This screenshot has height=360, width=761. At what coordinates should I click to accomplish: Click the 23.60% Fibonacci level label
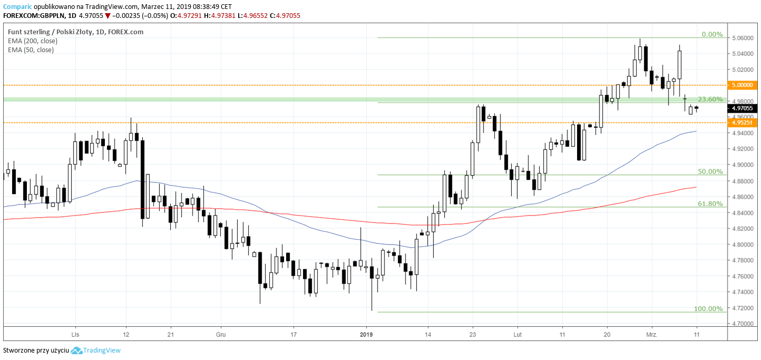point(710,99)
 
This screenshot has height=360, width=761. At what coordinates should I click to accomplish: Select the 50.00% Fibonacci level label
point(710,171)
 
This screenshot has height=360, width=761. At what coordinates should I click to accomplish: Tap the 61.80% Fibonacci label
point(710,203)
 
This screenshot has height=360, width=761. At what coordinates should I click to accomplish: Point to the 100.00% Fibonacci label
point(708,308)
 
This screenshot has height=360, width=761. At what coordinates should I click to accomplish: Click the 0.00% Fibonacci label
point(712,34)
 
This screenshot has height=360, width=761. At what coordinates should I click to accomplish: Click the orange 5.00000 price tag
point(742,85)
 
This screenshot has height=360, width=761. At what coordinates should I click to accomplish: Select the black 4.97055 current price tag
point(742,109)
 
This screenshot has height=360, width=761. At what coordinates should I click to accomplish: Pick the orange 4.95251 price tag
point(742,123)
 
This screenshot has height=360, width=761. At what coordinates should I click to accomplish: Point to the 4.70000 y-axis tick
point(742,324)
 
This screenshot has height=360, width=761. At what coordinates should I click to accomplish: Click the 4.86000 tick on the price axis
point(742,197)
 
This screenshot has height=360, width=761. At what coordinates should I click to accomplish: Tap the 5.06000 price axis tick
point(742,38)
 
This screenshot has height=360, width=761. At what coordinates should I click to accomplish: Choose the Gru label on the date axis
point(221,334)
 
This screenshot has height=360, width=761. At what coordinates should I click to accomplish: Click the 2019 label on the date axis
point(366,334)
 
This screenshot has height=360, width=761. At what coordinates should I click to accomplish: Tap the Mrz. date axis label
point(652,334)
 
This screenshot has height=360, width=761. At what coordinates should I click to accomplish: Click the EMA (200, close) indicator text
point(33,41)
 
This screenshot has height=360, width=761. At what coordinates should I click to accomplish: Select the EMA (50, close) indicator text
point(31,50)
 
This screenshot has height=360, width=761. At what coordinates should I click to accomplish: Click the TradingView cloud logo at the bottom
point(76,351)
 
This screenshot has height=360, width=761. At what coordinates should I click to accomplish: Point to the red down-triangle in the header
point(108,16)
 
